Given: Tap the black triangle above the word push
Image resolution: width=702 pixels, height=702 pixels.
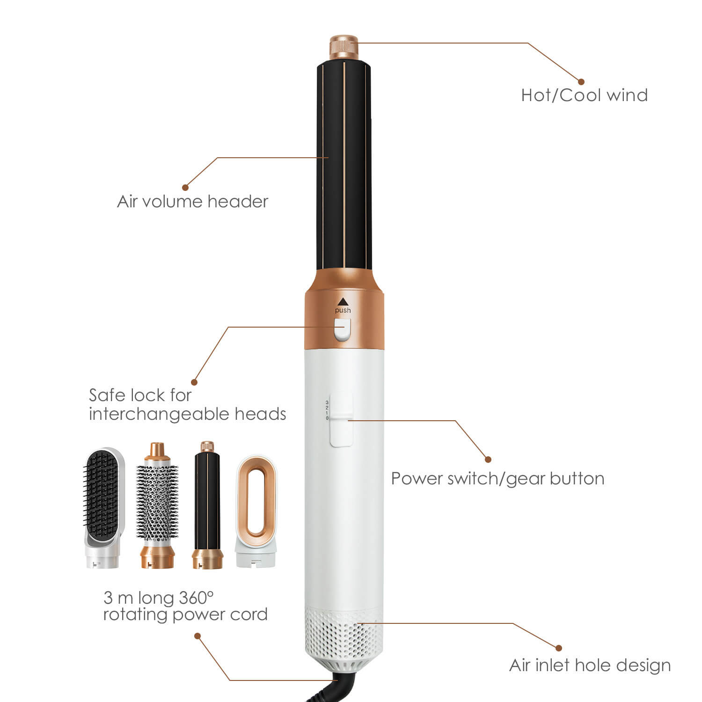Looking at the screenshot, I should click(x=343, y=301).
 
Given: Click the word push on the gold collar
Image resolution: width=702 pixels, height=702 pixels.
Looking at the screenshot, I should click(x=343, y=310).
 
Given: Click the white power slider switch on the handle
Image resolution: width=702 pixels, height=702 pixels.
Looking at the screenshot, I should click(x=342, y=420).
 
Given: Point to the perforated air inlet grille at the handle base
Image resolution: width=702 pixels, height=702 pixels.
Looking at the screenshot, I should click(x=344, y=632).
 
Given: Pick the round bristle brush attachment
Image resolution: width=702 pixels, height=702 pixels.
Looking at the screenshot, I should click(x=158, y=505).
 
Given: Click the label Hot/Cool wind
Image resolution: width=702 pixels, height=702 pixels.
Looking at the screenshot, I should click(x=584, y=95).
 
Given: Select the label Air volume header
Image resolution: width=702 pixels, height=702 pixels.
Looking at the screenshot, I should click(x=192, y=202).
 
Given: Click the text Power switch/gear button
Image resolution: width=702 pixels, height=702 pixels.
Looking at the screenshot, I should click(x=497, y=478).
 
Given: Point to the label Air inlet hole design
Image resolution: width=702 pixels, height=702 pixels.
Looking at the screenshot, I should click(x=590, y=665).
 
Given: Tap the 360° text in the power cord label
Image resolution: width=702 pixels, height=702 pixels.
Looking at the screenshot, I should click(x=196, y=598).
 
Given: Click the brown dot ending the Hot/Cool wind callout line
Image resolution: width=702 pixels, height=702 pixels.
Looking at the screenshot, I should click(x=581, y=82).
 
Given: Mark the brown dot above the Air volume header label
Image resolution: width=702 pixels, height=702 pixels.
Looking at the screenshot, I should click(x=185, y=188).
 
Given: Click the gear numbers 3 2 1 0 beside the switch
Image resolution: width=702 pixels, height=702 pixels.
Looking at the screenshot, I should click(x=327, y=410).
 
